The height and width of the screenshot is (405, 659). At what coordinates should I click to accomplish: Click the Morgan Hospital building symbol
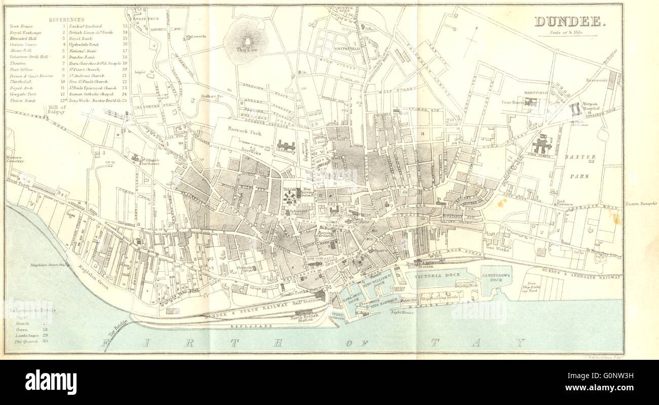575,109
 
